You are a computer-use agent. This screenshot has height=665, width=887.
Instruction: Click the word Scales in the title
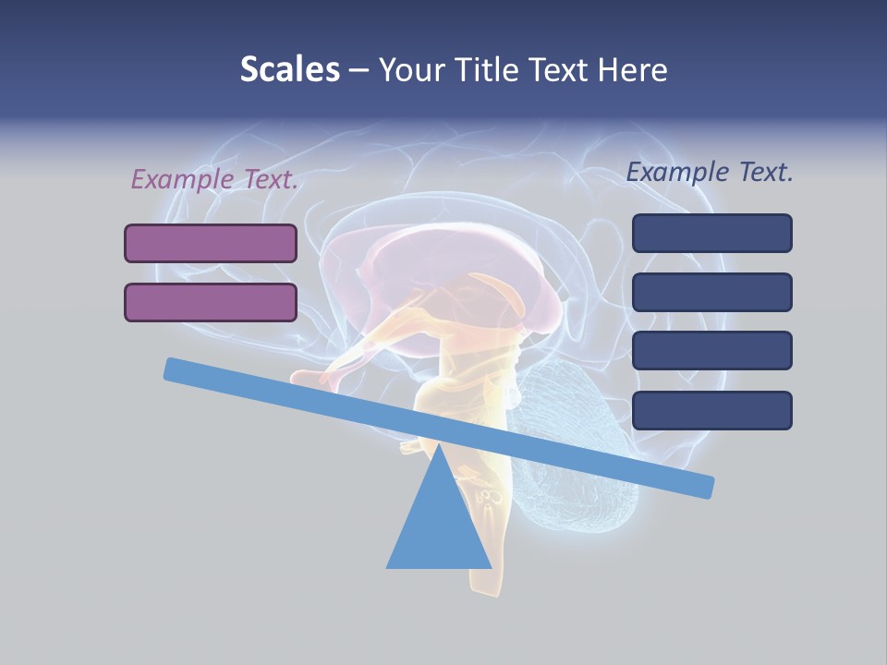(x=289, y=69)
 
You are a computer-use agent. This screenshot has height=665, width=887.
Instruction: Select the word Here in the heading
(x=632, y=69)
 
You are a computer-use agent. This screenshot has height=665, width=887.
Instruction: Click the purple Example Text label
(x=214, y=179)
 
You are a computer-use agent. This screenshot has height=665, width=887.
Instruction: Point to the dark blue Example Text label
(x=710, y=172)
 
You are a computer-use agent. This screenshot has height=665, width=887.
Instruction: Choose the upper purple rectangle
(x=211, y=243)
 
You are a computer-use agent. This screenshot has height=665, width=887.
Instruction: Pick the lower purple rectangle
(x=211, y=302)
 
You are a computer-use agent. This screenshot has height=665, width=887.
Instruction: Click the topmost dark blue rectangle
(x=711, y=233)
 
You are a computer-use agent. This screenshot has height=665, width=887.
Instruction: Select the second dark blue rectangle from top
(x=711, y=292)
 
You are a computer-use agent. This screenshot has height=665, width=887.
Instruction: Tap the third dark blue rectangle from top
(x=711, y=351)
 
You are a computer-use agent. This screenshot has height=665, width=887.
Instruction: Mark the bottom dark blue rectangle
(x=711, y=410)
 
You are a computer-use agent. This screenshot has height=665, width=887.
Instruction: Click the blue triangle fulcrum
(x=439, y=526)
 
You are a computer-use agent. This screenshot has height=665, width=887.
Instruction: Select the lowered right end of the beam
(x=704, y=487)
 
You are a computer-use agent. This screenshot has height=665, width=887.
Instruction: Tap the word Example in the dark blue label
(x=678, y=172)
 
